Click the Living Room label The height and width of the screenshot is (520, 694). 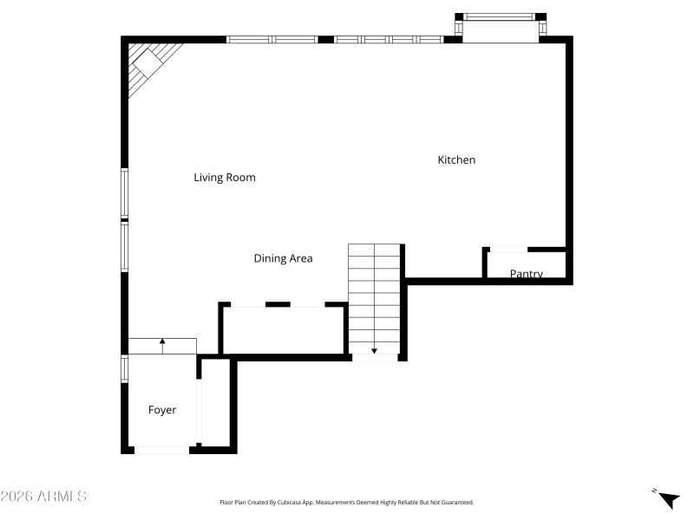(x=224, y=178)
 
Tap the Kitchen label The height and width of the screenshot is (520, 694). (x=456, y=160)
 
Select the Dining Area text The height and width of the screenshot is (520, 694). (x=283, y=258)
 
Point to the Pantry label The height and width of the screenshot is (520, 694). (x=526, y=274)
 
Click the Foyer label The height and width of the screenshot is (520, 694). (x=162, y=410)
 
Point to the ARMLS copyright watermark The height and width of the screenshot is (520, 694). (x=43, y=497)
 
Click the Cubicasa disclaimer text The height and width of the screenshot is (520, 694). (x=347, y=502)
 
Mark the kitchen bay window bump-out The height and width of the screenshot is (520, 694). (x=501, y=28)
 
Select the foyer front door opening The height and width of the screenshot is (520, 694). (x=161, y=450)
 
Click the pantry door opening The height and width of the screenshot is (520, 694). (x=507, y=250)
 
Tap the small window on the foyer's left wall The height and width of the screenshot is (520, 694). (x=125, y=368)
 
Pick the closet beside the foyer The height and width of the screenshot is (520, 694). (x=216, y=403)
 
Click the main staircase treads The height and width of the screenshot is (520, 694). (x=375, y=295)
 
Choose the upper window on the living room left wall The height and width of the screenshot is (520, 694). (x=125, y=192)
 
